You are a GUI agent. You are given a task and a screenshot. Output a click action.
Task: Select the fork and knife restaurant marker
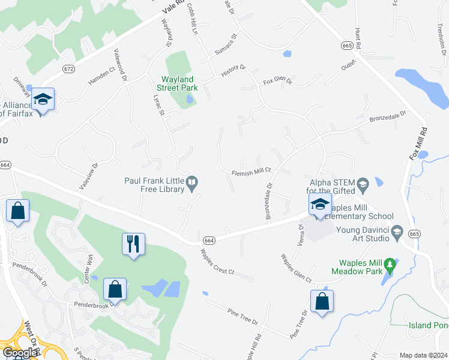(133, 243)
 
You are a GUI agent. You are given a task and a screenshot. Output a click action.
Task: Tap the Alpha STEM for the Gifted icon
(362, 184)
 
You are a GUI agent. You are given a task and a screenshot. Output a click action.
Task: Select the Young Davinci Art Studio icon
(396, 232)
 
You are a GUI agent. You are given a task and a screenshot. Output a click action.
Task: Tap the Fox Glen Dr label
(277, 81)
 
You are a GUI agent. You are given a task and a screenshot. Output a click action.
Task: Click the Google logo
(19, 353)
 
